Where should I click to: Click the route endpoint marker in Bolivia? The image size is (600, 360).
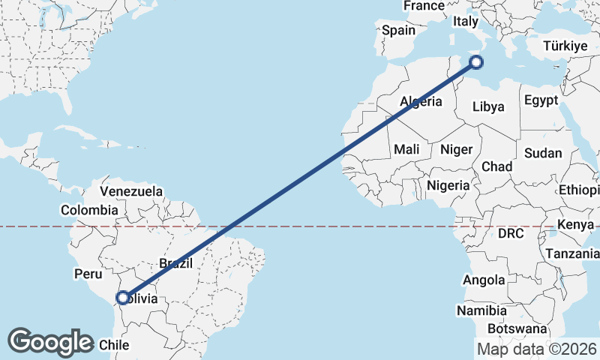(122, 298)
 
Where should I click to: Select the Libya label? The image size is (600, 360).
(488, 106)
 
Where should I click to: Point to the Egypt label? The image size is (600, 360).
(541, 100)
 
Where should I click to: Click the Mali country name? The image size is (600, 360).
(406, 149)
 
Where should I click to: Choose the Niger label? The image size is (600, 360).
(457, 149)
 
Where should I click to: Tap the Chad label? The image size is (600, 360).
(497, 166)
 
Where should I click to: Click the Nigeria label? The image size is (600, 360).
(448, 184)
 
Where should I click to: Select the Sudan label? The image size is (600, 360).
(543, 153)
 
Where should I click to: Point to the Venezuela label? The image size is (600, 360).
(131, 191)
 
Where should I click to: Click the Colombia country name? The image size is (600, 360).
(89, 210)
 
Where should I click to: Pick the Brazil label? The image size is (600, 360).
(176, 263)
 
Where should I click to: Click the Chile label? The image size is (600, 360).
(115, 345)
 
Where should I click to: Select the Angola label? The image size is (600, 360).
(484, 280)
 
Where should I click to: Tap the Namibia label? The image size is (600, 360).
(481, 310)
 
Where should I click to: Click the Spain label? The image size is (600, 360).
(398, 31)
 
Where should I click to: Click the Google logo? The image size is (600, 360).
(50, 342)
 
